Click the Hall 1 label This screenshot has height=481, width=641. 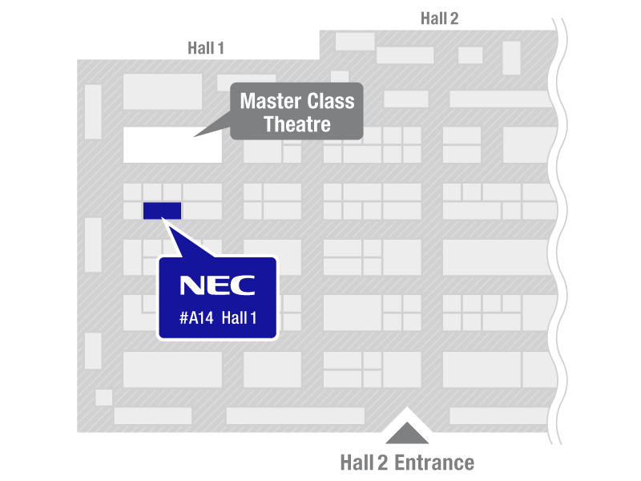(x=206, y=48)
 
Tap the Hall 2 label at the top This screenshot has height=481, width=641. (x=439, y=18)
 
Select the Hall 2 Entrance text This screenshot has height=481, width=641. (x=407, y=463)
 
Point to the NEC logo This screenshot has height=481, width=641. (x=217, y=285)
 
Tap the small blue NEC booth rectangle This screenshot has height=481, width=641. (x=162, y=211)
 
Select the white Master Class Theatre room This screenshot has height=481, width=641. (x=172, y=145)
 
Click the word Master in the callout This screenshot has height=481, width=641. (x=268, y=102)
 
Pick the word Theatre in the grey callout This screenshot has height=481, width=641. (x=297, y=124)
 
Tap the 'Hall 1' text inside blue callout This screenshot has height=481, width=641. (x=239, y=319)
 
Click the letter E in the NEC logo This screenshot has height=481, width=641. (x=218, y=285)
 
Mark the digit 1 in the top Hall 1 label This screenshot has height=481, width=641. (x=221, y=48)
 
